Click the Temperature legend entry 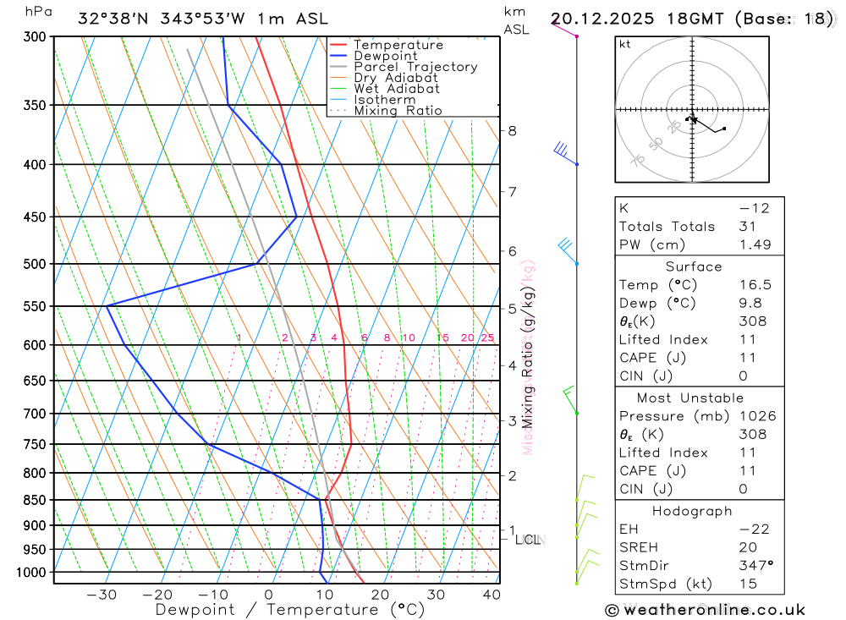coord(398,45)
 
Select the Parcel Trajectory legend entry coord(415,67)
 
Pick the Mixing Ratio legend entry coord(398,111)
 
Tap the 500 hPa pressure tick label coord(35,264)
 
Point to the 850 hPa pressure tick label coord(35,500)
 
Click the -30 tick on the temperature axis coord(102,595)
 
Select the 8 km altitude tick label coord(512,130)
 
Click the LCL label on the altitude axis coord(528,539)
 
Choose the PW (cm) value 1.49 coord(755,244)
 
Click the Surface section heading coord(694,266)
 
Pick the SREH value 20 coord(747,547)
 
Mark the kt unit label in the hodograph coord(624,44)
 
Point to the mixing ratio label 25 coord(487,338)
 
